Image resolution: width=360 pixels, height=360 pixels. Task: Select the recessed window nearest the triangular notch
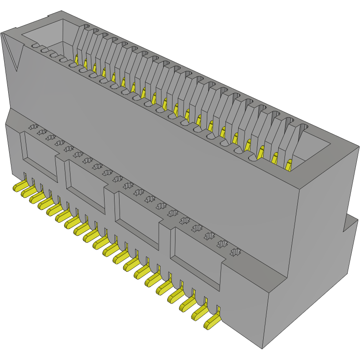[40, 152]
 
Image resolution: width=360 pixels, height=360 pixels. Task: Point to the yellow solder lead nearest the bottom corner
[212, 323]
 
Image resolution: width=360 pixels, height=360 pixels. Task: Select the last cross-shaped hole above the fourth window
[235, 251]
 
